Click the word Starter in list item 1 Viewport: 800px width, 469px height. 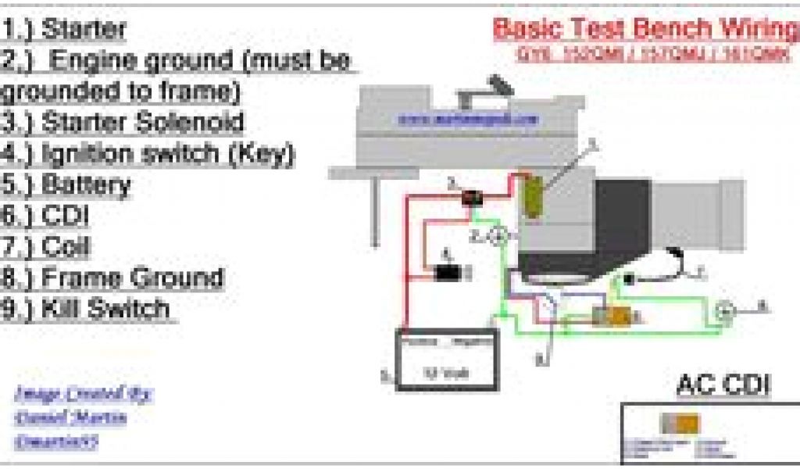click(x=84, y=30)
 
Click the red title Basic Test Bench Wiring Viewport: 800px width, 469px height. click(x=645, y=29)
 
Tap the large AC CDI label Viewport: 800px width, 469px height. click(x=723, y=385)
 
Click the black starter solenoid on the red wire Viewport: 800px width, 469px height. click(x=472, y=199)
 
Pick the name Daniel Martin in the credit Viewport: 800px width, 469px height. click(x=70, y=418)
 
